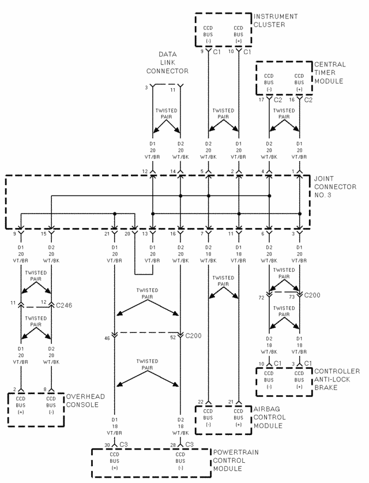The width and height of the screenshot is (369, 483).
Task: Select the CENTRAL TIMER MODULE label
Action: click(330, 73)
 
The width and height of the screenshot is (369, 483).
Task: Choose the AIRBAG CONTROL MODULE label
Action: click(270, 417)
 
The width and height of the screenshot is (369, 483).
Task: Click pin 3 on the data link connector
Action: click(146, 88)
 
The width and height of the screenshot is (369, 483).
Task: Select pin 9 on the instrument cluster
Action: click(202, 52)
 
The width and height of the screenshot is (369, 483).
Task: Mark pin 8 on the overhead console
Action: click(46, 390)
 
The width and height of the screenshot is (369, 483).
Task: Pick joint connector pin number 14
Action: click(172, 171)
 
